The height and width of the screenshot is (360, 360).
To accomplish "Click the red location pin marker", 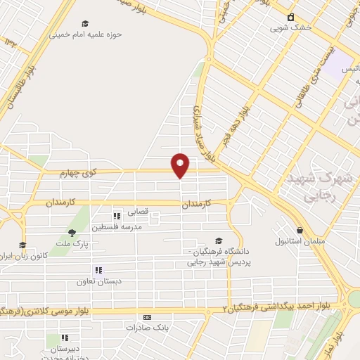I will [181, 165].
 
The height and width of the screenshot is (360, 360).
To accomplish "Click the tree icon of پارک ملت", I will [71, 233].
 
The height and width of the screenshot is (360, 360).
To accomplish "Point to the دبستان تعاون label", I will [99, 281].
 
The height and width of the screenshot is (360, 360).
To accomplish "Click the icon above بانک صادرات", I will [147, 317].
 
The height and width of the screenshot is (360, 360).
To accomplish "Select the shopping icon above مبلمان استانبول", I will [300, 230].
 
